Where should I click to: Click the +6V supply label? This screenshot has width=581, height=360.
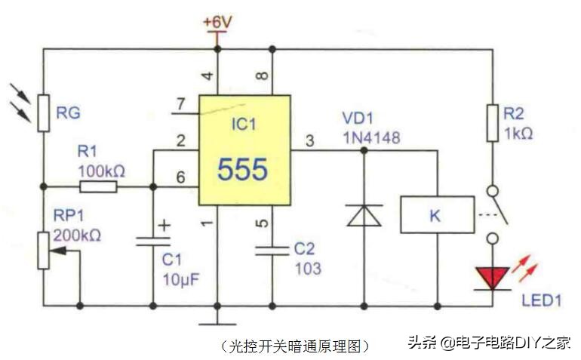pos(217,22)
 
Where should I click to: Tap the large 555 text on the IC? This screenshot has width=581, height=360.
pos(242,170)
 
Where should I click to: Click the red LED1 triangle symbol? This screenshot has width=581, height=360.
pos(493,278)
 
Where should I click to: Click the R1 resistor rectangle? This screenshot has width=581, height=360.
pos(97,186)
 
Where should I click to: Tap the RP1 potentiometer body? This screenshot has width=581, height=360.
pos(43,248)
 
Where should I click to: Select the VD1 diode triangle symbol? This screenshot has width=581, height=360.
pos(364,214)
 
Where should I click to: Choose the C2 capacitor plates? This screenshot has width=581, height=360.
pos(272,250)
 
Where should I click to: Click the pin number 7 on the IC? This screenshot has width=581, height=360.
pos(179,103)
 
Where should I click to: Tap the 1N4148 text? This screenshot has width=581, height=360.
pos(370,138)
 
